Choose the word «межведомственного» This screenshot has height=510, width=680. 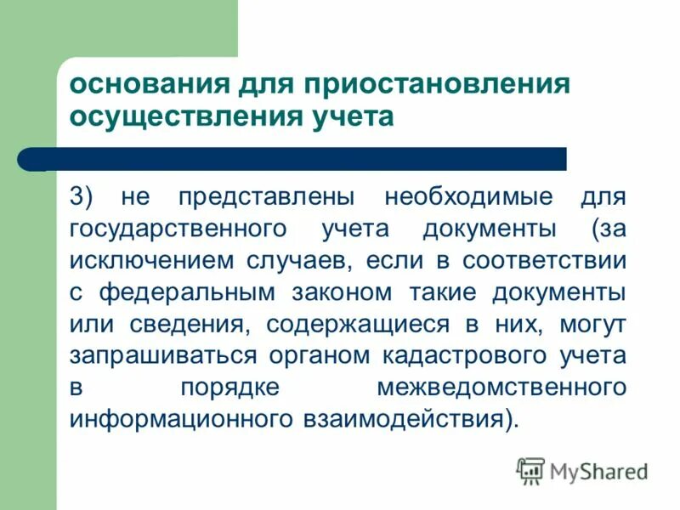pos(502,387)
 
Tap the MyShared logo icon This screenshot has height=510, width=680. pos(530,470)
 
